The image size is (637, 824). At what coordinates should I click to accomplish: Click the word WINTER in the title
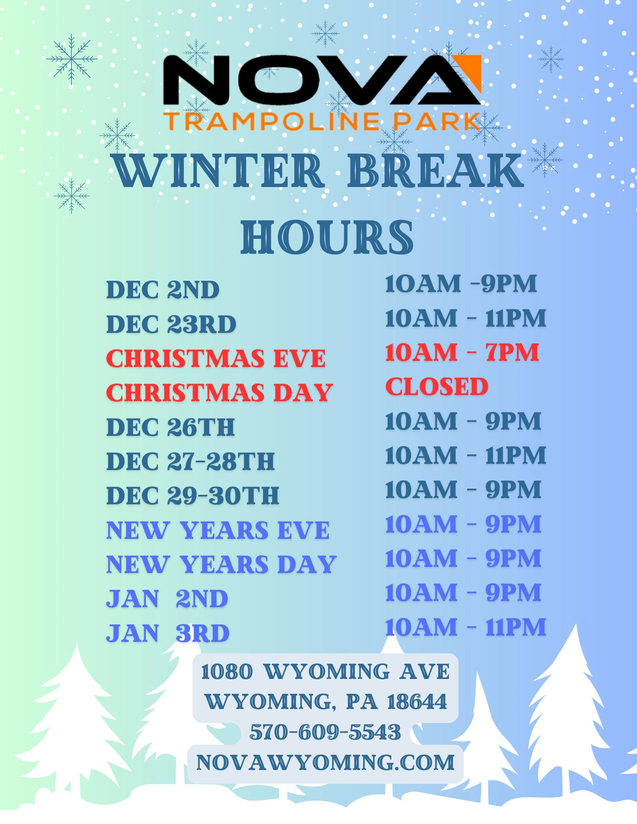[x=219, y=170]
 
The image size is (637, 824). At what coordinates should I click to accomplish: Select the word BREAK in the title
[x=435, y=170]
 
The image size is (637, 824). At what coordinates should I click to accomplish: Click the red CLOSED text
[x=437, y=387]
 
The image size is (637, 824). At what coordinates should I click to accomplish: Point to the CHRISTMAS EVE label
[x=216, y=358]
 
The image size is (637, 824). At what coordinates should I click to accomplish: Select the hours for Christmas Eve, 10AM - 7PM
[x=462, y=353]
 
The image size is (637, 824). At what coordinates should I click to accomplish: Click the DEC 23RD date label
[x=171, y=324]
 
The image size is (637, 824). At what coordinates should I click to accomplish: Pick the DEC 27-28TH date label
[x=190, y=461]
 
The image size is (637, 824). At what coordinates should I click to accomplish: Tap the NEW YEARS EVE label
[x=218, y=530]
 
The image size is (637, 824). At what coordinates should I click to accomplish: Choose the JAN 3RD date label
[x=168, y=633]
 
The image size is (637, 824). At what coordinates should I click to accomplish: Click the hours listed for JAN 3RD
[x=465, y=627]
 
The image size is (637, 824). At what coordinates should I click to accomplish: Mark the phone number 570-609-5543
[x=325, y=732]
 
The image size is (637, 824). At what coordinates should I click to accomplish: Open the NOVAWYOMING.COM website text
[x=325, y=763]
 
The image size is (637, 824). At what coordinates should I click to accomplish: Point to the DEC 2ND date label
[x=163, y=290]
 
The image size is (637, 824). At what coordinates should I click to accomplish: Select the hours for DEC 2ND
[x=461, y=284]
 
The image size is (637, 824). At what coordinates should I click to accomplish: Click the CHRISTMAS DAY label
[x=219, y=393]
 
